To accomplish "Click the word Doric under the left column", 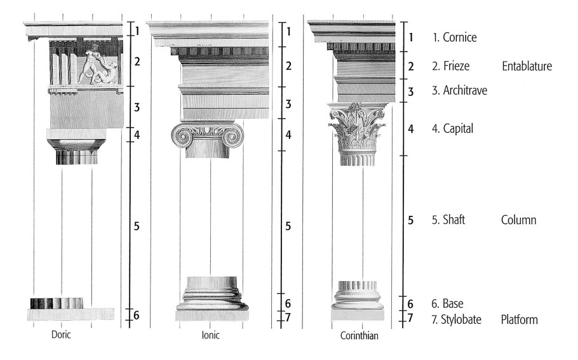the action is [x=61, y=335].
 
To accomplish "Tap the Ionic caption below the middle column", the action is [x=210, y=335].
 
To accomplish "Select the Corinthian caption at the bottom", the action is [x=360, y=336].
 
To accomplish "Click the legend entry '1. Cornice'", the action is [x=455, y=37].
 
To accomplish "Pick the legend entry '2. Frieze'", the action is [x=451, y=66].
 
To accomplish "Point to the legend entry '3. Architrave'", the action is [x=460, y=90].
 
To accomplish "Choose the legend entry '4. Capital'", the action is [x=453, y=129].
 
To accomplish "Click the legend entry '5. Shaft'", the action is [x=448, y=220].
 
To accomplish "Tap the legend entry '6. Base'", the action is [x=448, y=303].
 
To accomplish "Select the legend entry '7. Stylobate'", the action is [x=456, y=319].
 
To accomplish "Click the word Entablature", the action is [x=527, y=66].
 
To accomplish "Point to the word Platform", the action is [x=520, y=319].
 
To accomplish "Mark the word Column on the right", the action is [x=519, y=220].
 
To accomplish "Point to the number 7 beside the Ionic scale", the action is [x=288, y=317].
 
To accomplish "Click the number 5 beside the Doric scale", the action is [x=137, y=226].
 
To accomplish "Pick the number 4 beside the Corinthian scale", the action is [x=411, y=129].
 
